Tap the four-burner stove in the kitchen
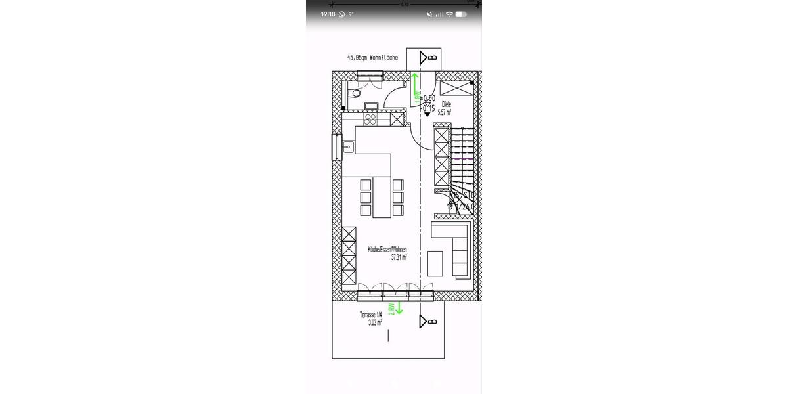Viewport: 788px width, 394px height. (370, 120)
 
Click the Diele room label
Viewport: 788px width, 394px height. (447, 104)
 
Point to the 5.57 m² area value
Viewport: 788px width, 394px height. (445, 112)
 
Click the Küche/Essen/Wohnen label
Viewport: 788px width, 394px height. (387, 250)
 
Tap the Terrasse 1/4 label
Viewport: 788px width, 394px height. (370, 315)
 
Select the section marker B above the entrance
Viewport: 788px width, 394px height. (427, 58)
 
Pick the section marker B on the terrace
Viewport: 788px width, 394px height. (427, 322)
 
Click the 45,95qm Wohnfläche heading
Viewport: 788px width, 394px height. (372, 58)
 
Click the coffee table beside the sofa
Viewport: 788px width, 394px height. (435, 263)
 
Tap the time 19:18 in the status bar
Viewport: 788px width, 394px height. (328, 14)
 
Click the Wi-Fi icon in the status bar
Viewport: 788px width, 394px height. (450, 14)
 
